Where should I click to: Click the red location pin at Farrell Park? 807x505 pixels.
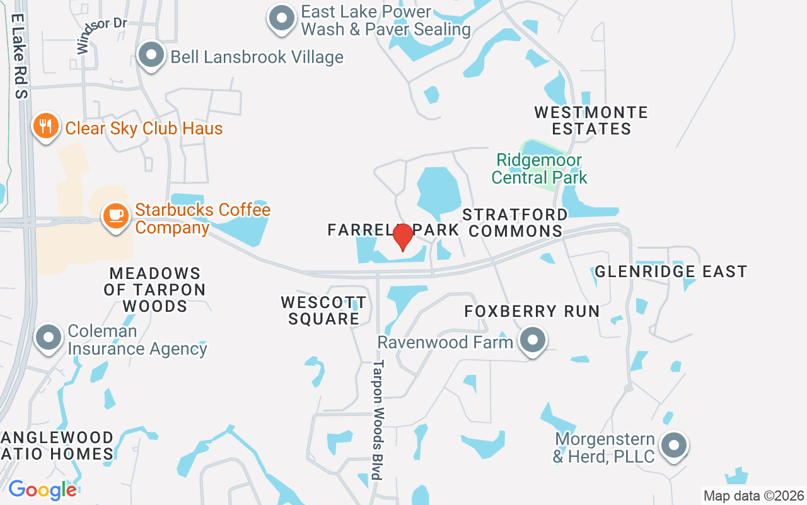(x=403, y=237)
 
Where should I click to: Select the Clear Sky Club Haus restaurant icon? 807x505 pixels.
(x=45, y=126)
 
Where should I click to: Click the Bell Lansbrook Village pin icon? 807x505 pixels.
(x=151, y=55)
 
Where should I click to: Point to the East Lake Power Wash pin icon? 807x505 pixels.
(x=281, y=18)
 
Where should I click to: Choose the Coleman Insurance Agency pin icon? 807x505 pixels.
(x=49, y=337)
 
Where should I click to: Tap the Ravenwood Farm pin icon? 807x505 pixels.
(x=533, y=340)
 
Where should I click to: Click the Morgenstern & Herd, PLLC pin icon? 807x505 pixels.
(x=674, y=445)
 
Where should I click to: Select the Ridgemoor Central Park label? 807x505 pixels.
(x=539, y=169)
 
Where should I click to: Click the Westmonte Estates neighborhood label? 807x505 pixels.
(x=591, y=121)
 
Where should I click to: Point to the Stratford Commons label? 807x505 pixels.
(x=515, y=223)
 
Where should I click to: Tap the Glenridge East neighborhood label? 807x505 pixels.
(x=671, y=271)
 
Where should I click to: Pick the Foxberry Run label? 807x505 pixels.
(x=532, y=311)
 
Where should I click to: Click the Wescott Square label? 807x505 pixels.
(x=323, y=310)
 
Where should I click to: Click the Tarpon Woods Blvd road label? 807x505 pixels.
(x=378, y=420)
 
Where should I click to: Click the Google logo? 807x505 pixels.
(x=42, y=490)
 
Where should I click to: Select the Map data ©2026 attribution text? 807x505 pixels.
(x=754, y=496)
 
